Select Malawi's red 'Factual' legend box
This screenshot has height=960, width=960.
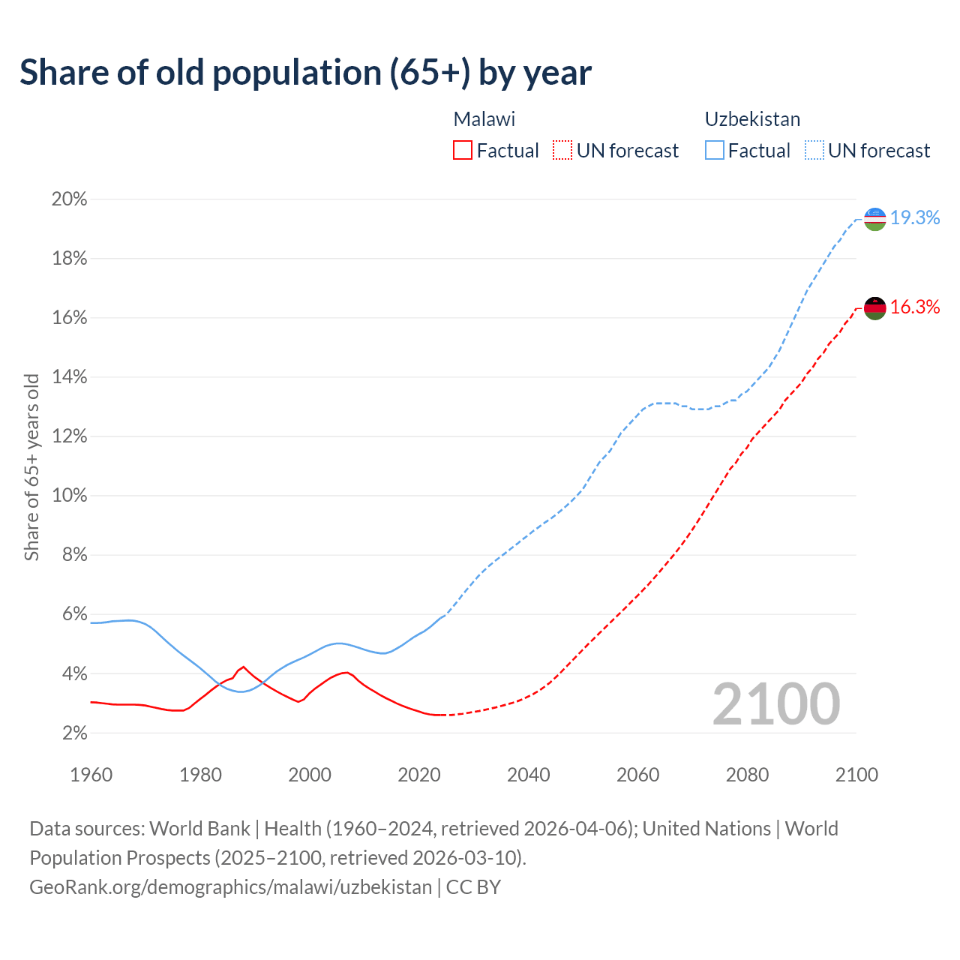(463, 151)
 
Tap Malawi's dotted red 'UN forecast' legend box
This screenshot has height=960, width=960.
(562, 151)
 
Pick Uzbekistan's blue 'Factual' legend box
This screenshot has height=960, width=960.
(714, 151)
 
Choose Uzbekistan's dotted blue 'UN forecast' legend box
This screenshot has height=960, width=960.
(814, 151)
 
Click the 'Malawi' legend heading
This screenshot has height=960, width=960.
(484, 119)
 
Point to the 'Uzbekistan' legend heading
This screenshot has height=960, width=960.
(752, 119)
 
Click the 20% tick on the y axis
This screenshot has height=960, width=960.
(69, 199)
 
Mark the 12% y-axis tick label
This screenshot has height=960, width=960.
(69, 436)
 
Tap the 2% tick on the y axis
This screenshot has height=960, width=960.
(73, 733)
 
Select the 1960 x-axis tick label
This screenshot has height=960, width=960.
(91, 775)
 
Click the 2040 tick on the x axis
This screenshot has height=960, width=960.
(529, 775)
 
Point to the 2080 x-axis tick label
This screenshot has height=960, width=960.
(747, 775)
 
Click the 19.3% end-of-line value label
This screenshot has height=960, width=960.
(915, 218)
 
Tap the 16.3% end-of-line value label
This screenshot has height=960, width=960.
(915, 307)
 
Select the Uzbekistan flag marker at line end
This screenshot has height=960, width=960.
(875, 219)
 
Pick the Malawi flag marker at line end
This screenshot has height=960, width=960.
(875, 307)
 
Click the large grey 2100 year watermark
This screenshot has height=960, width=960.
(776, 704)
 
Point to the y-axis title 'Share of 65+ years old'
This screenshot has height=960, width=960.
(31, 467)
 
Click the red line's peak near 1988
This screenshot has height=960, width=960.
(243, 667)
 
